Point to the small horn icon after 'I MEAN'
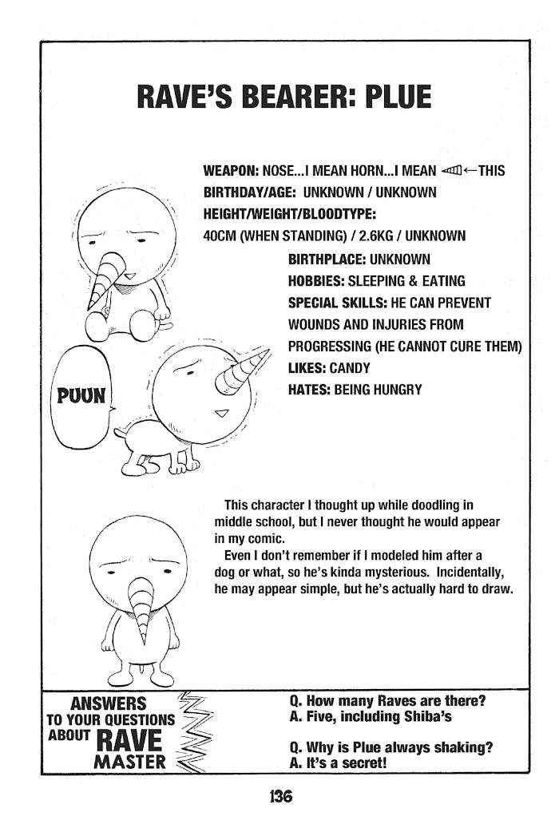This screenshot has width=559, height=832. [x=451, y=171]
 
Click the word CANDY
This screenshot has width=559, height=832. [x=346, y=369]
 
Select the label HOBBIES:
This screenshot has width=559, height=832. [x=315, y=281]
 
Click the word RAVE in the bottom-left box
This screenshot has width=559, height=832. [x=128, y=739]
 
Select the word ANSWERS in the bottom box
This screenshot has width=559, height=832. [x=109, y=703]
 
